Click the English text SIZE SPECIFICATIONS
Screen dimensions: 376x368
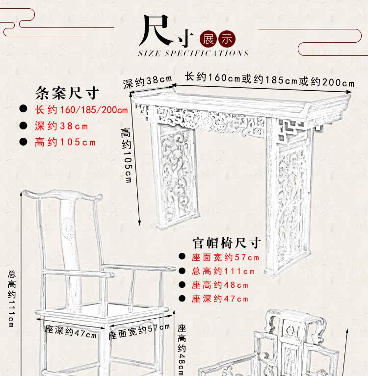tap(193, 53)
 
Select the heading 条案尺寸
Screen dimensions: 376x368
tap(68, 93)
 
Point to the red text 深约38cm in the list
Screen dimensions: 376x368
tap(61, 126)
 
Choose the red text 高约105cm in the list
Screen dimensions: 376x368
tap(65, 143)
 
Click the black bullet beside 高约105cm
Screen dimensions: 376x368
tap(23, 143)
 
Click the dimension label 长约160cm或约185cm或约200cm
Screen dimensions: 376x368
tap(269, 79)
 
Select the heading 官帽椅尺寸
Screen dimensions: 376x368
tap(226, 243)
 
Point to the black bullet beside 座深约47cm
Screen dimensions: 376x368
tap(182, 299)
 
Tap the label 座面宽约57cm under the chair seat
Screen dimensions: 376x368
tap(139, 332)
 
